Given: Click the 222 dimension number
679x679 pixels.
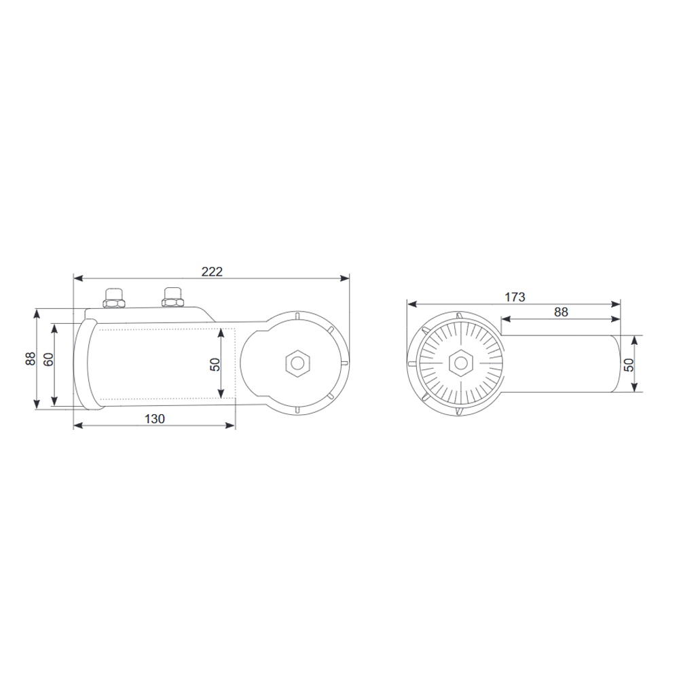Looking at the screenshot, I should click(x=212, y=271).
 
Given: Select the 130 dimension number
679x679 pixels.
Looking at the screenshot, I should click(x=155, y=419).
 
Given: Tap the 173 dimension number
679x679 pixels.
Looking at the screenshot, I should click(x=515, y=297).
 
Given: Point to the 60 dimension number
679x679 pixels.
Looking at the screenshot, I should click(x=48, y=360).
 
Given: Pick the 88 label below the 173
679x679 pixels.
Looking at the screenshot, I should click(x=560, y=312).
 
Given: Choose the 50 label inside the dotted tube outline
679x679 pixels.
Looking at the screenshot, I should click(x=215, y=364).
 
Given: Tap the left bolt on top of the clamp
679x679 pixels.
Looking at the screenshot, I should click(x=113, y=298).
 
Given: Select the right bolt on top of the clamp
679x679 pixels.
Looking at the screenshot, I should click(x=172, y=297).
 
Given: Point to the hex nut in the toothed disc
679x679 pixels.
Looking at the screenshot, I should click(x=460, y=363).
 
